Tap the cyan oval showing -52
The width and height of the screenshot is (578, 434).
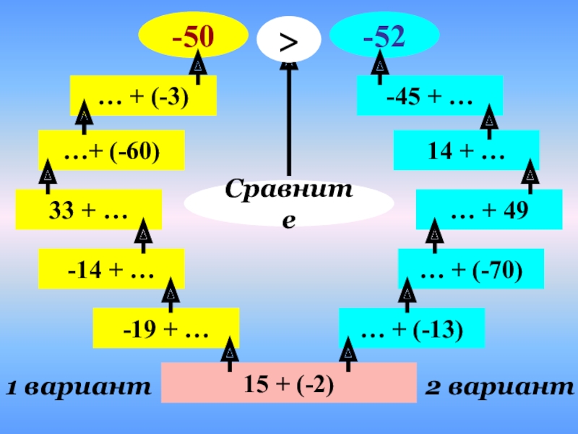(384, 34)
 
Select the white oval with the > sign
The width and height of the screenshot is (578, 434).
(288, 41)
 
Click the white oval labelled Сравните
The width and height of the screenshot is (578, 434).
(288, 203)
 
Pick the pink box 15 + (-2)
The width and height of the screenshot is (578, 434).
(288, 382)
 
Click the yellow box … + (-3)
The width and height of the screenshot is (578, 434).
(143, 95)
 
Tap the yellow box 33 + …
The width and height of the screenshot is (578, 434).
(88, 210)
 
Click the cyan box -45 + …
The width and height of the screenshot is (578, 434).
(429, 95)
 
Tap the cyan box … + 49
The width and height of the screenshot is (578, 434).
(489, 210)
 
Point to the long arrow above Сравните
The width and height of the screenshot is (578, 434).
(288, 119)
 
